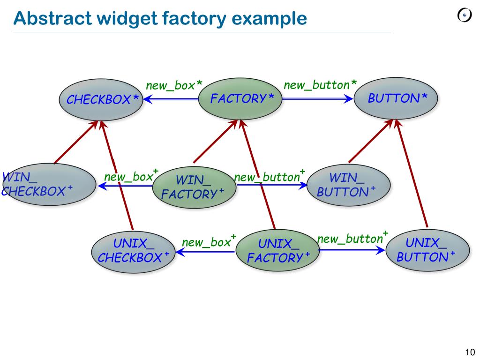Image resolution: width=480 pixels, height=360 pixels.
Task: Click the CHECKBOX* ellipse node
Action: pos(101,100)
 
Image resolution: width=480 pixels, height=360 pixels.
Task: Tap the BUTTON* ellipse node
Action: pos(396,98)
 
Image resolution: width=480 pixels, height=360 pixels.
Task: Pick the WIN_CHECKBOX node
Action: pos(49,185)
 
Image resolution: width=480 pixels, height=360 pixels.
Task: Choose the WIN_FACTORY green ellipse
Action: pos(193,187)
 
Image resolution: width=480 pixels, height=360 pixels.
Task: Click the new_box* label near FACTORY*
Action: pos(174,86)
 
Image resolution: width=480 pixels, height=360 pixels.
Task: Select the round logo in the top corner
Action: pos(464,16)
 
